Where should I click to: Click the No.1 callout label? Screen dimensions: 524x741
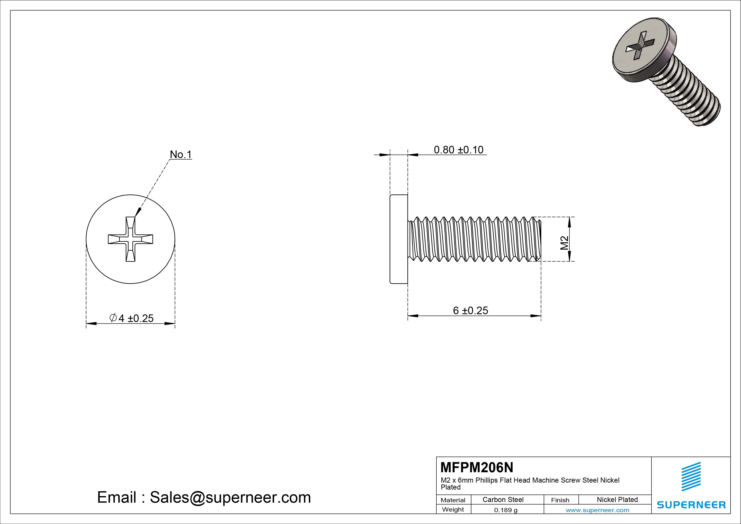click(x=181, y=155)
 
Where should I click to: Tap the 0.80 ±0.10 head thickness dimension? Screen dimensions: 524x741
click(x=458, y=150)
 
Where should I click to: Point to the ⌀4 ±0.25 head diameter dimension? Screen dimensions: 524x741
click(x=131, y=318)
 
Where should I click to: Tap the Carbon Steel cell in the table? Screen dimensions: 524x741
click(x=503, y=499)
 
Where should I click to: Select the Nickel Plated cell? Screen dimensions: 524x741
click(x=617, y=499)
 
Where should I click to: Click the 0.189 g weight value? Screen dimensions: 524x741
click(x=506, y=510)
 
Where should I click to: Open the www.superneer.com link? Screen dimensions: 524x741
click(x=597, y=510)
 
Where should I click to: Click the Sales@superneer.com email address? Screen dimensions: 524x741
click(x=230, y=497)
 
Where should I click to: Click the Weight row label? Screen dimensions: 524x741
click(x=453, y=509)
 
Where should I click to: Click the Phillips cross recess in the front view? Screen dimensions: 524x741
click(x=130, y=239)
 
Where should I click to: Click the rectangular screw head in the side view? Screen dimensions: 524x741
click(x=399, y=239)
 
